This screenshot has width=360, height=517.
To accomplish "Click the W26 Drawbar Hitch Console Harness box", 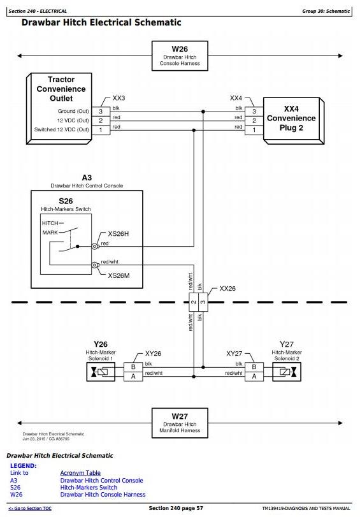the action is pos(180,55).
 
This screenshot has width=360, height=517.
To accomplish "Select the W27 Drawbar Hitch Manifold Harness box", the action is pos(180,423).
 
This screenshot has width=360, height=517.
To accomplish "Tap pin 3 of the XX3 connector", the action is pos(101,112).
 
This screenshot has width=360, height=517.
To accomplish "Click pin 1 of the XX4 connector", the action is pos(254,130).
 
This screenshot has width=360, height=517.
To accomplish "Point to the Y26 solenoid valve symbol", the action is pos(101,372).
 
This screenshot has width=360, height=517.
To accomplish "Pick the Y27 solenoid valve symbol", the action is pos(287,372).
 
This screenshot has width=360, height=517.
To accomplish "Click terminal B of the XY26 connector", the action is pos(133,367).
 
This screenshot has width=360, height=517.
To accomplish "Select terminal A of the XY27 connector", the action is pos(254,377).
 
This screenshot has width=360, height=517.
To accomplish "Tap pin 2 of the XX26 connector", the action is pos(194,302).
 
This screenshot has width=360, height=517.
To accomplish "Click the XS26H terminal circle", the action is pos(94,246).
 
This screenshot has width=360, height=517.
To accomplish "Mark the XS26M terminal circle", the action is pos(94,265).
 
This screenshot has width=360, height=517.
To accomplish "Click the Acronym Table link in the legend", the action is pos(80,473).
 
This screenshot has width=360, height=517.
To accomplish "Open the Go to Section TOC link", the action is pos(30,509).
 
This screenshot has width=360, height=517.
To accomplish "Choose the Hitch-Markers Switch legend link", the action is pos(89,487).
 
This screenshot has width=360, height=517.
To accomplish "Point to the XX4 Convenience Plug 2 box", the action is pos(293,120).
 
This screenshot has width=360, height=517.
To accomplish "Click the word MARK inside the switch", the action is pos(50,233).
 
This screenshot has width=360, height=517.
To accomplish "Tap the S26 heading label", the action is pos(66,201).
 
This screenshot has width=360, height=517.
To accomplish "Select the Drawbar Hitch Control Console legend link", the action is pos(101,481).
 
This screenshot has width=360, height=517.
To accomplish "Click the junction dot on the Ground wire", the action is pos(203,112).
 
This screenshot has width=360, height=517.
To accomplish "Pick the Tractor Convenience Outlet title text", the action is pos(61,89).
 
